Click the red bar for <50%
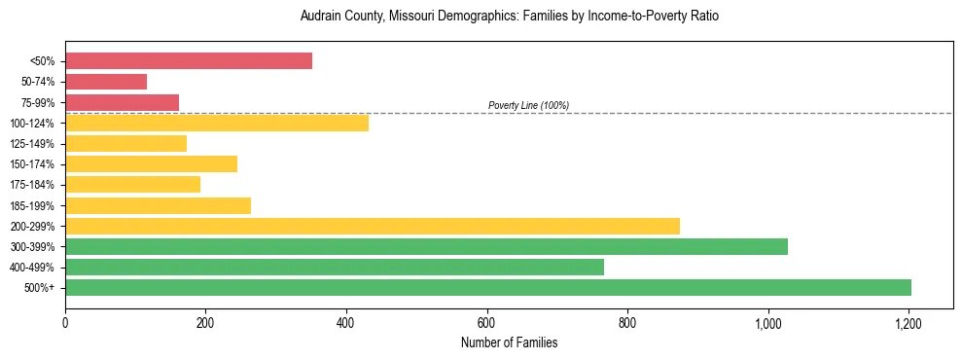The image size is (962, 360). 189,61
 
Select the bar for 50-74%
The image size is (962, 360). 106,82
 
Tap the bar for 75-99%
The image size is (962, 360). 122,102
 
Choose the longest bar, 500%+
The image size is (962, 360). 488,287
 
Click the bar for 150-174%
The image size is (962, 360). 151,163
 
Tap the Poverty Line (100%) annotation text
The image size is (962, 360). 528,105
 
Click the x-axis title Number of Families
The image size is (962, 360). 509,342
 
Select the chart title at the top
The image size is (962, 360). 509,17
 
